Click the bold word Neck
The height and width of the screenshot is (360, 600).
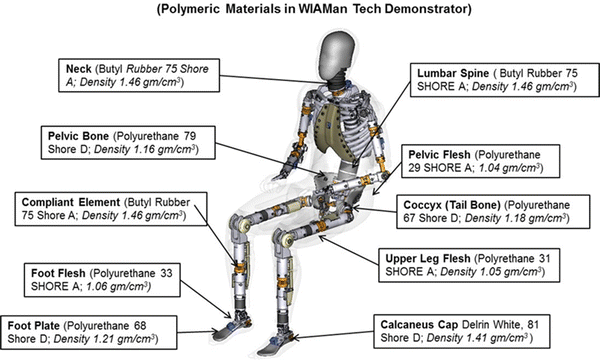pyautogui.click(x=78, y=68)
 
